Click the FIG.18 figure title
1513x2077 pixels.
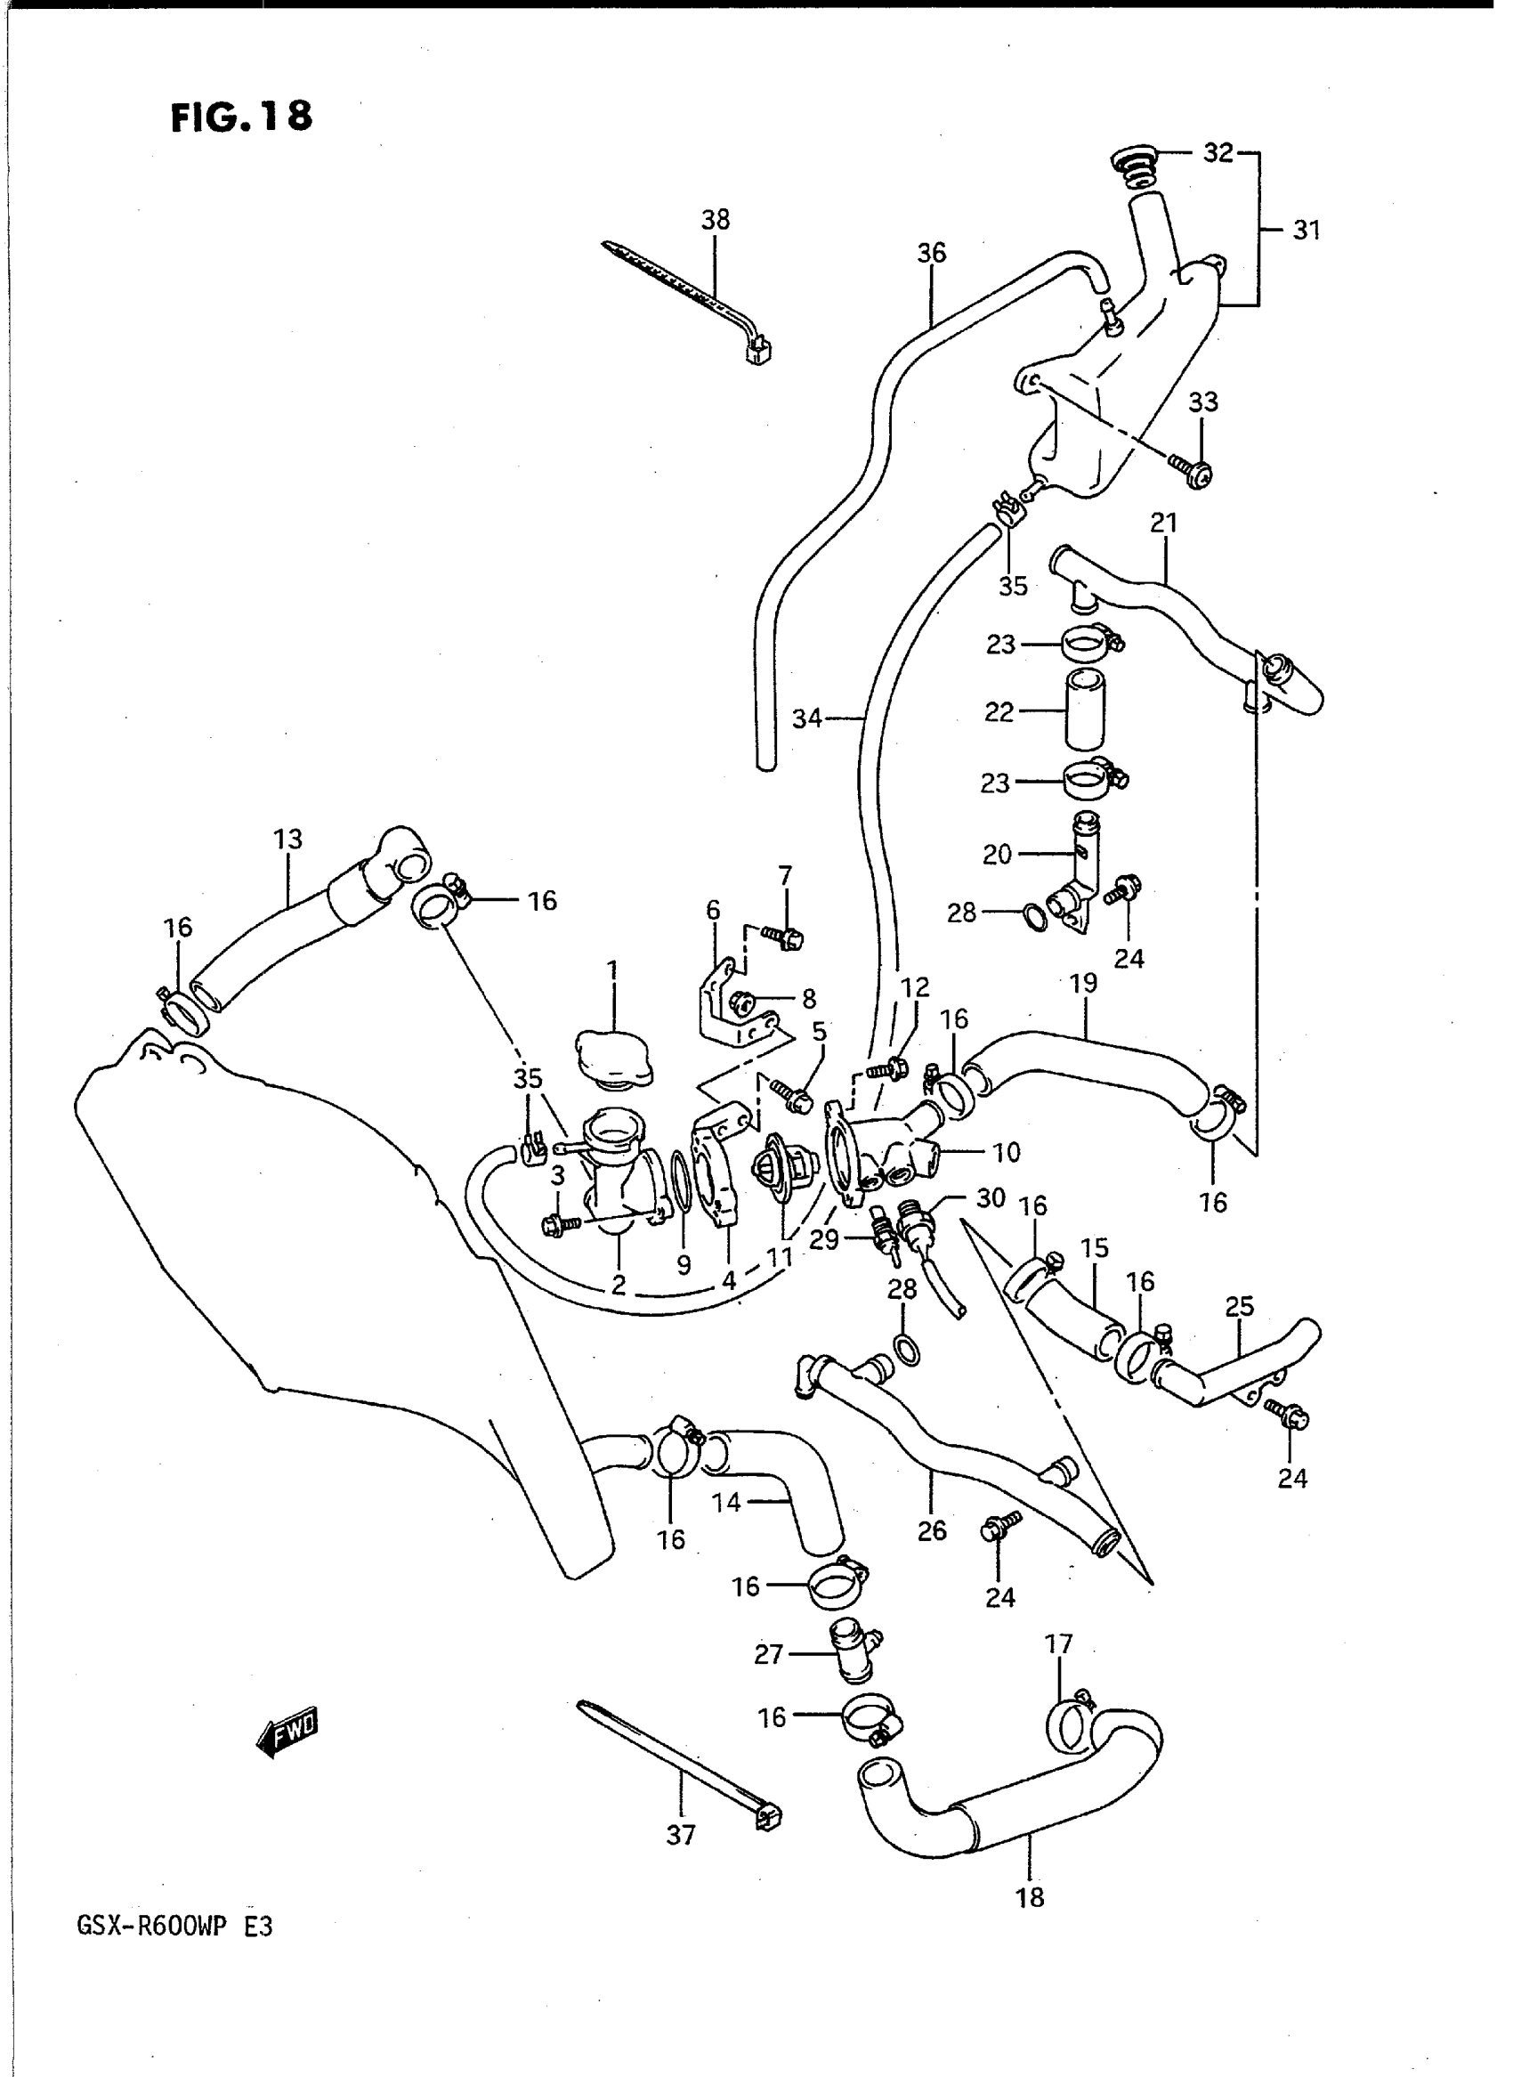click(241, 117)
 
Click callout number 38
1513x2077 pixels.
click(716, 220)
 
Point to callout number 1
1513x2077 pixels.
click(611, 970)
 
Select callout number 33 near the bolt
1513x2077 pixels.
click(1203, 402)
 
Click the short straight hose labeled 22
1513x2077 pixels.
click(1085, 712)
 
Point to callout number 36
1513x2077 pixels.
click(932, 253)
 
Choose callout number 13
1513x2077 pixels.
click(287, 839)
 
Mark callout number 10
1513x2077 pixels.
click(1007, 1152)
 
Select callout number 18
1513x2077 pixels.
click(1031, 1897)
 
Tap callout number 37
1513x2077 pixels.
click(681, 1834)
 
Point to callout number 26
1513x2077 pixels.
click(932, 1531)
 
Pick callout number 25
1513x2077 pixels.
click(1239, 1307)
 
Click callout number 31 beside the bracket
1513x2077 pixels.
click(1307, 230)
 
